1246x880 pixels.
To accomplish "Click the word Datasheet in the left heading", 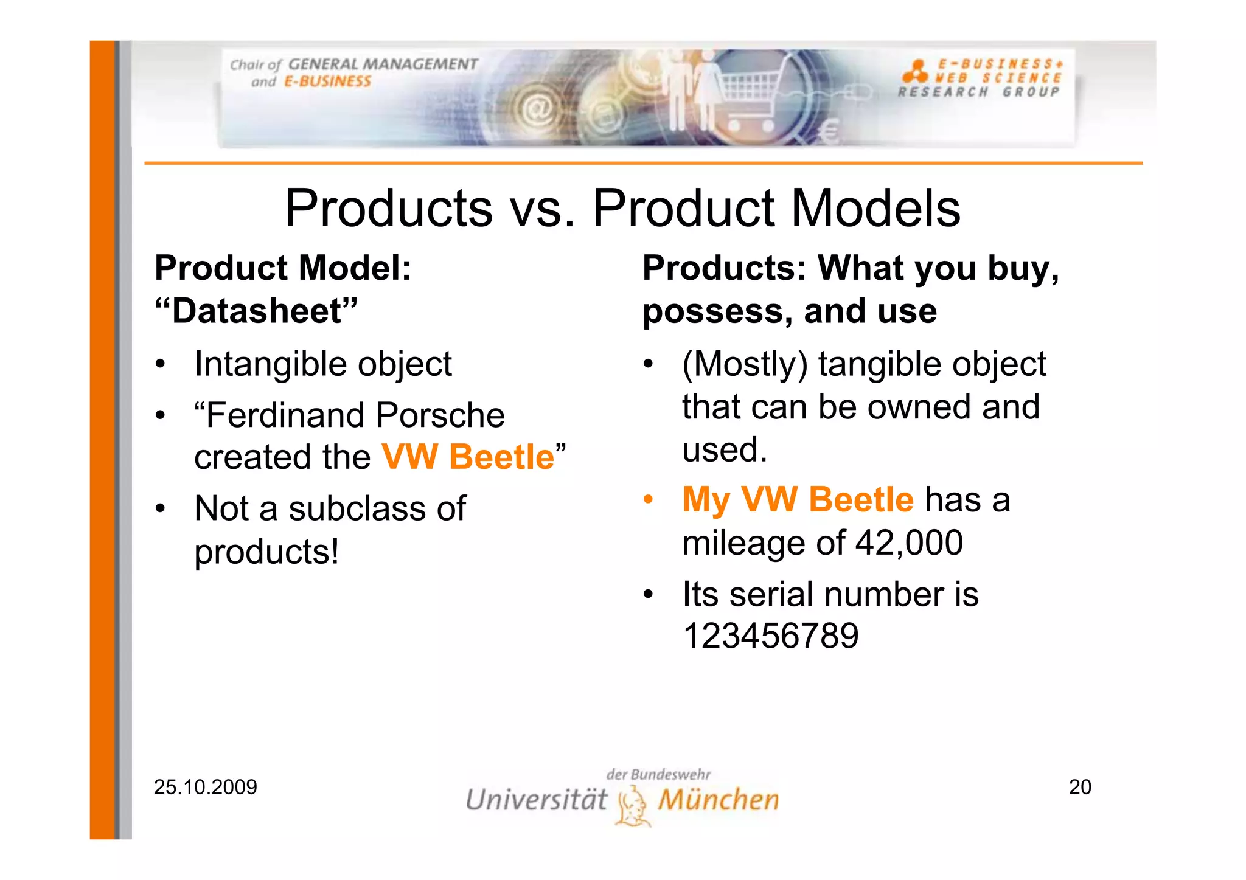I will (257, 311).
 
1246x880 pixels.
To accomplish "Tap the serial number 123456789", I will (770, 636).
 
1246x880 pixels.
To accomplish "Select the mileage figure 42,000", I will (909, 542).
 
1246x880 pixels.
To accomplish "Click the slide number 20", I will (1080, 787).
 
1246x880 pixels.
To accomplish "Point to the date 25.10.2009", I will (206, 788).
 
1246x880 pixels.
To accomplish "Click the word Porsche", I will (440, 415).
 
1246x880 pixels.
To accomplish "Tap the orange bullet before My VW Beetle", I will (649, 500).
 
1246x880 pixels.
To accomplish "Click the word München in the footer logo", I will (718, 800).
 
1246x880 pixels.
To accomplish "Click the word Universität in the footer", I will (536, 800).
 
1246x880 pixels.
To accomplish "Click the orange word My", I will (706, 500).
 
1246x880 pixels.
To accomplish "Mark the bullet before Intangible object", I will (160, 365).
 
